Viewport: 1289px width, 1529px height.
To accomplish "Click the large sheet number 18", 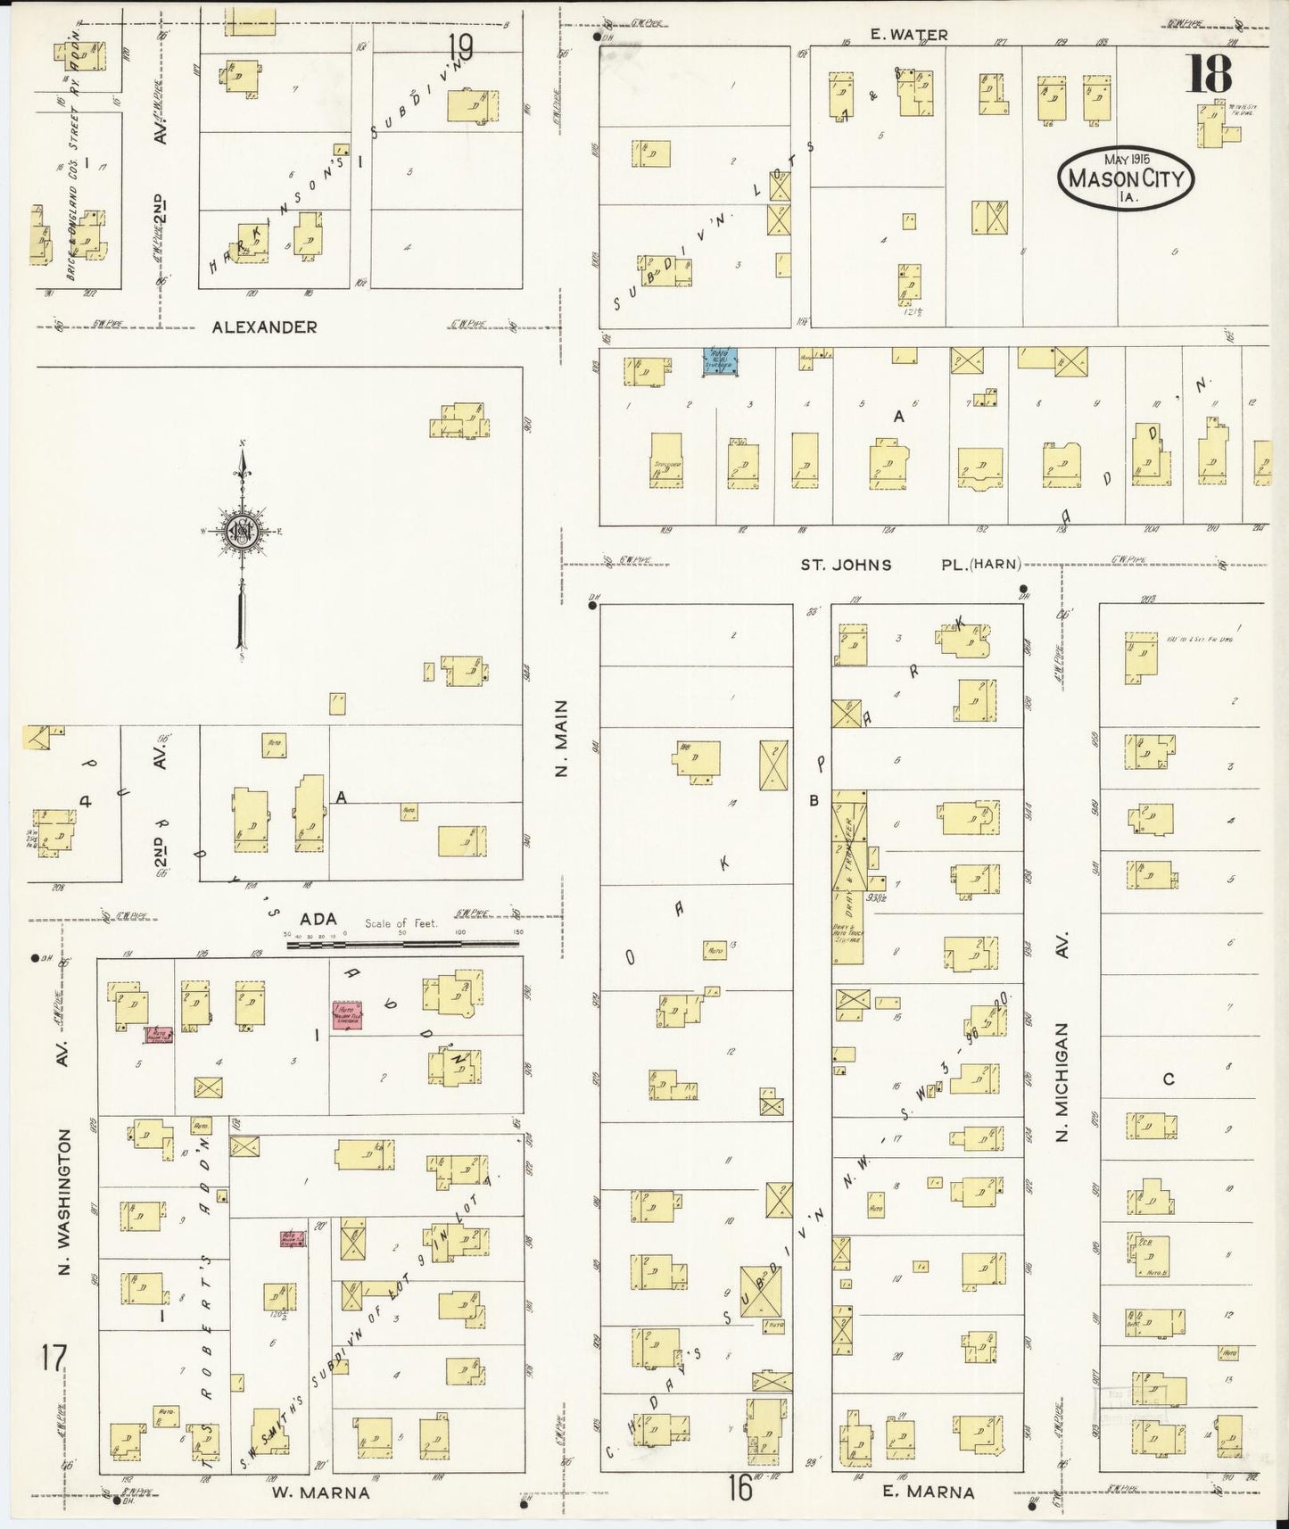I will [1209, 75].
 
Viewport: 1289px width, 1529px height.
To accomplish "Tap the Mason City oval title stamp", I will [1126, 178].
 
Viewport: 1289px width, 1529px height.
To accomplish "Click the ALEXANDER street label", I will [264, 327].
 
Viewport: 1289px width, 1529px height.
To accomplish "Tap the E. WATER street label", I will [909, 35].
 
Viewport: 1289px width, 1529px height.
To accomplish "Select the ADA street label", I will [317, 919].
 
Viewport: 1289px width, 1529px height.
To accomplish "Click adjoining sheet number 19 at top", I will [461, 45].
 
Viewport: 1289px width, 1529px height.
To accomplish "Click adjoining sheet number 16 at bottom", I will [739, 1487].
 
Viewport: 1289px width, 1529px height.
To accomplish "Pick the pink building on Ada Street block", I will [346, 1015].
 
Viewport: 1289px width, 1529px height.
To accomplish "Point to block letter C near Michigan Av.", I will [1168, 1079].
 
